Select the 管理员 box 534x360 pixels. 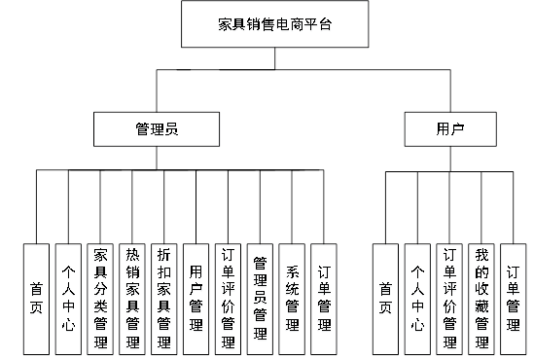pyautogui.click(x=157, y=128)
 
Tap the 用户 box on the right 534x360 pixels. pyautogui.click(x=448, y=128)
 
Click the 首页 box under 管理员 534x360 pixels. pyautogui.click(x=36, y=298)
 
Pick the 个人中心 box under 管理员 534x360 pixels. pyautogui.click(x=68, y=298)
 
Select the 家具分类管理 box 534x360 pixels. pyautogui.click(x=100, y=298)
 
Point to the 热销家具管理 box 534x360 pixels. pyautogui.click(x=132, y=298)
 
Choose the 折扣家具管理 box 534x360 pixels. pyautogui.click(x=164, y=298)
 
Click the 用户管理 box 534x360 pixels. pyautogui.click(x=196, y=298)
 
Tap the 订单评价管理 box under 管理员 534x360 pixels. pyautogui.click(x=228, y=298)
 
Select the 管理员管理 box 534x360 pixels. pyautogui.click(x=260, y=298)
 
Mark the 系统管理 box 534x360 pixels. pyautogui.click(x=292, y=298)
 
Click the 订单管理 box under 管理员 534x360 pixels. pyautogui.click(x=323, y=298)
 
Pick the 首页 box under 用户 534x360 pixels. pyautogui.click(x=386, y=298)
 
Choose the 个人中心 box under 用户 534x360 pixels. pyautogui.click(x=417, y=298)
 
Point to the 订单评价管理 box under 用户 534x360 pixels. pyautogui.click(x=449, y=298)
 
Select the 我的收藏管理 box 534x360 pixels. pyautogui.click(x=481, y=298)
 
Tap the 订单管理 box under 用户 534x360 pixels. pyautogui.click(x=513, y=298)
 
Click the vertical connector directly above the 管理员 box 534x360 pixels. pyautogui.click(x=158, y=91)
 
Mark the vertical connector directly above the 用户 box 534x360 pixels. pyautogui.click(x=448, y=91)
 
